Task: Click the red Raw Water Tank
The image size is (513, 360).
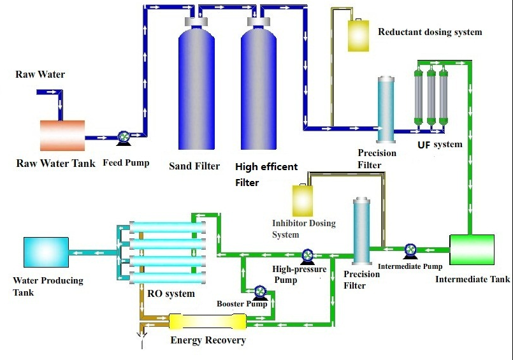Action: [x=62, y=135]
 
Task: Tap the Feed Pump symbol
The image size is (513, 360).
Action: [x=124, y=137]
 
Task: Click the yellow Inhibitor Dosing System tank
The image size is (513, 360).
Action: [x=301, y=201]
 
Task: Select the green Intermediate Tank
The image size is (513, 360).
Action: [x=472, y=249]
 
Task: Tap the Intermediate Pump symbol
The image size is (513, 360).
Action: [x=410, y=249]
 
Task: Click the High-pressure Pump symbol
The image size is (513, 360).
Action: [x=308, y=255]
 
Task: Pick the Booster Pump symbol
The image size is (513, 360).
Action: [x=260, y=292]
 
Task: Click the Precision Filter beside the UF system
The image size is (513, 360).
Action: [x=386, y=110]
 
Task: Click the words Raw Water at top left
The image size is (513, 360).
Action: [x=40, y=75]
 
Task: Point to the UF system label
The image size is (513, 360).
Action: [x=440, y=145]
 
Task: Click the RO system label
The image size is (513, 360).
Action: [x=171, y=294]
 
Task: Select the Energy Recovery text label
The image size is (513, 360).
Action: [x=208, y=340]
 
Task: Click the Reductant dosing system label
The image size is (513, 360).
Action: [x=430, y=32]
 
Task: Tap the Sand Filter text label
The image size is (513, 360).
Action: [x=194, y=166]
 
